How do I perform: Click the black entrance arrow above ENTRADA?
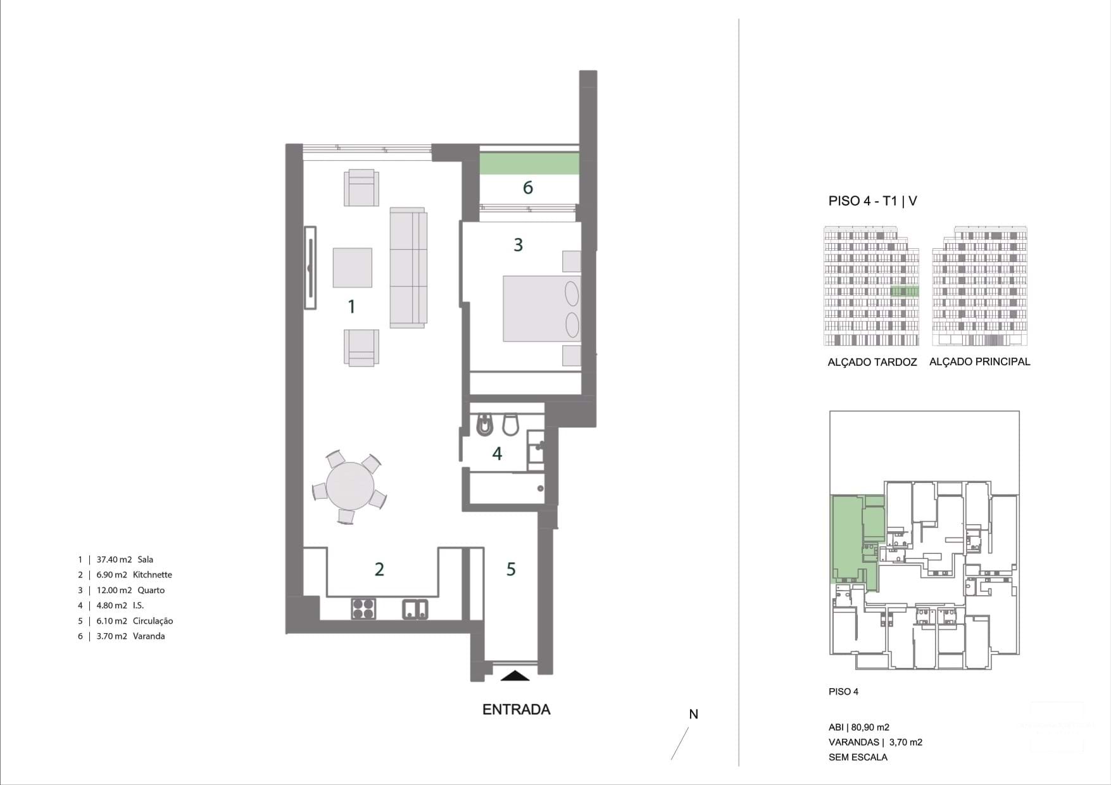tap(515, 675)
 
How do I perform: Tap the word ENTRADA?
tap(516, 710)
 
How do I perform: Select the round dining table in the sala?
tap(349, 486)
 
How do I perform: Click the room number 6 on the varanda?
tap(527, 188)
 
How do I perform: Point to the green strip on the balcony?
tap(529, 163)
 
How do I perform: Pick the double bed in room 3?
tap(541, 308)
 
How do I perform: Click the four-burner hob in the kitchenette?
tap(363, 609)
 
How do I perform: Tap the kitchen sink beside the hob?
tap(415, 609)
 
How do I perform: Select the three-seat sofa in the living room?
tap(408, 268)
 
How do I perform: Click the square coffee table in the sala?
tap(352, 268)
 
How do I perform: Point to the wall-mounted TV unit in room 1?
tap(310, 268)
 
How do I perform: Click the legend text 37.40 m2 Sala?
tap(124, 560)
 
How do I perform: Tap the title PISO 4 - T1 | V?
tap(872, 201)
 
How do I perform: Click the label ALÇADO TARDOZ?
tap(872, 362)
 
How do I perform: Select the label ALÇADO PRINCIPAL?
tap(979, 361)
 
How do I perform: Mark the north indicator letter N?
tap(693, 714)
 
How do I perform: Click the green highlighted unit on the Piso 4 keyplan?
tap(846, 538)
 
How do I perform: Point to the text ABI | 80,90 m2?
tap(858, 727)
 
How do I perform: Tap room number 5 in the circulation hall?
tap(511, 569)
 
